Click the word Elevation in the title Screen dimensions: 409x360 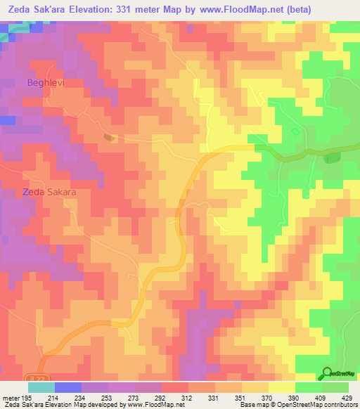tap(118, 8)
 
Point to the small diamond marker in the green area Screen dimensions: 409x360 tap(295, 131)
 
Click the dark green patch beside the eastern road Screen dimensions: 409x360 tap(330, 159)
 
